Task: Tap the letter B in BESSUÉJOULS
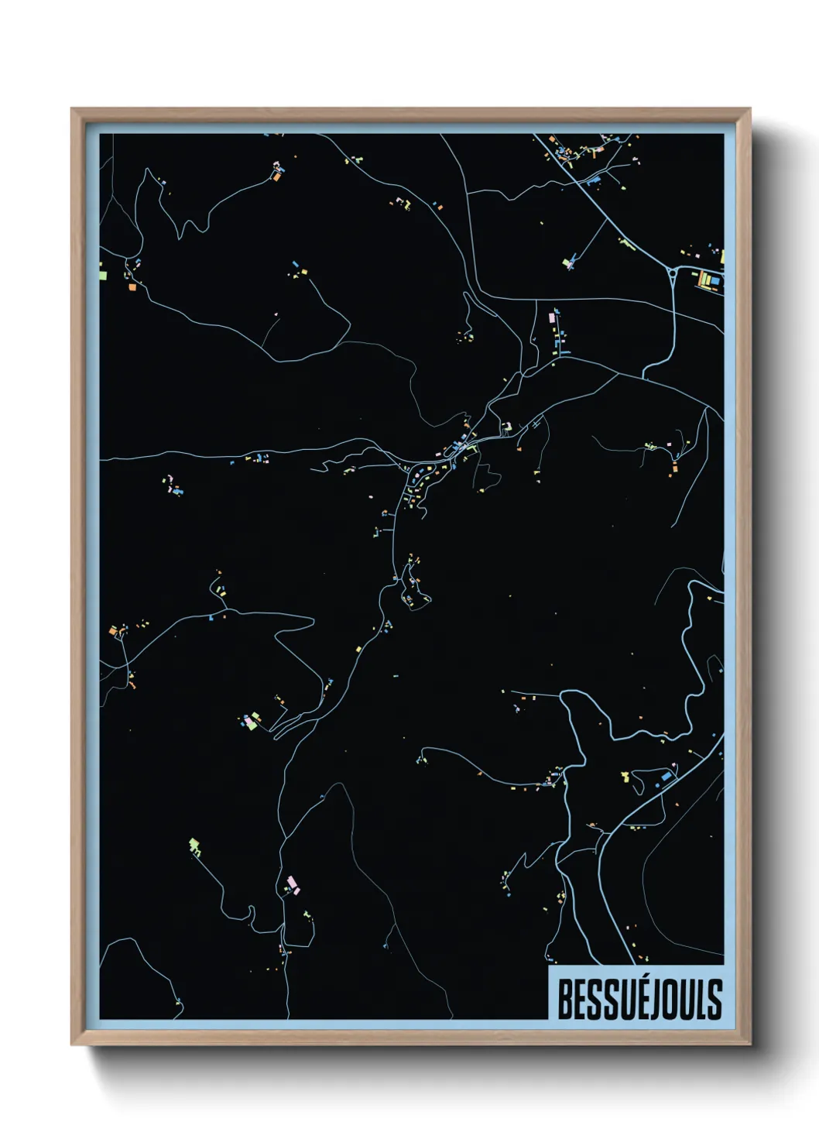tap(565, 1000)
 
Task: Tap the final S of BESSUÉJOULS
tap(715, 1000)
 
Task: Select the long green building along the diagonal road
tap(626, 244)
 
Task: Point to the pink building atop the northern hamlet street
tap(552, 316)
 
